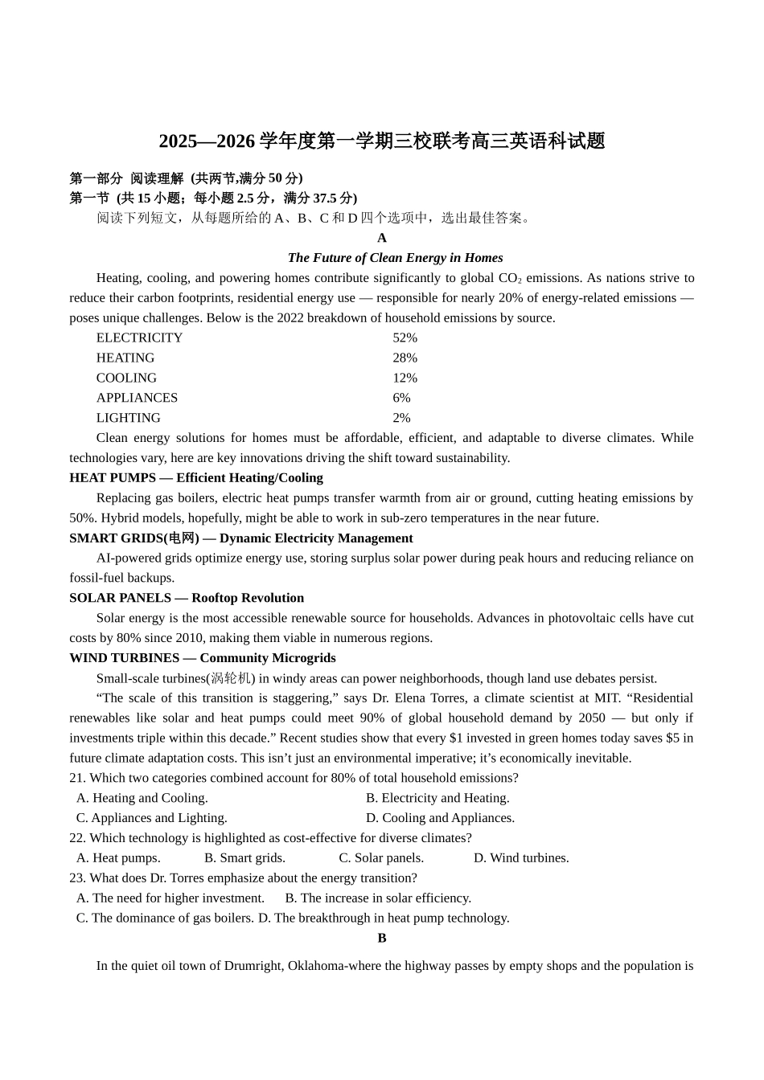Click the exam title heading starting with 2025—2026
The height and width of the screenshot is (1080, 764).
pyautogui.click(x=381, y=141)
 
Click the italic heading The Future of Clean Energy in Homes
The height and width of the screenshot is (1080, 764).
pyautogui.click(x=395, y=258)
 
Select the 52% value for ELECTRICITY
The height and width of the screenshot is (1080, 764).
pyautogui.click(x=405, y=338)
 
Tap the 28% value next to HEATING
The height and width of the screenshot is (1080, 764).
pyautogui.click(x=405, y=358)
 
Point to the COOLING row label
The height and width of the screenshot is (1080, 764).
pyautogui.click(x=126, y=378)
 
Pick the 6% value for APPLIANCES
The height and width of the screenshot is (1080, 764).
pyautogui.click(x=401, y=399)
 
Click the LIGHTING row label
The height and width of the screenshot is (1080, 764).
pyautogui.click(x=128, y=419)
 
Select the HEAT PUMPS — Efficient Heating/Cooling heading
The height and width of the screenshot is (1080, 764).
pyautogui.click(x=195, y=478)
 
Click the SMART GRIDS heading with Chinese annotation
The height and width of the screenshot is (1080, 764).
pyautogui.click(x=240, y=538)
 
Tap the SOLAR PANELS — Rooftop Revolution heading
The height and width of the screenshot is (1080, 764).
pyautogui.click(x=187, y=599)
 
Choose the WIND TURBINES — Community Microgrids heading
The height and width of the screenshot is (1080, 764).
pyautogui.click(x=202, y=658)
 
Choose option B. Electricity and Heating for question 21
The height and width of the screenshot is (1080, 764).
pyautogui.click(x=437, y=798)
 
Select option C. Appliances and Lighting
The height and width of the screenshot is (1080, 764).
pyautogui.click(x=151, y=818)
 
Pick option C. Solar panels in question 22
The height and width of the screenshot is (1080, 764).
pyautogui.click(x=380, y=858)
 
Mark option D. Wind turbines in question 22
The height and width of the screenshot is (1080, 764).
pyautogui.click(x=521, y=858)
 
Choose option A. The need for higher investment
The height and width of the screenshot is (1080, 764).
pyautogui.click(x=170, y=898)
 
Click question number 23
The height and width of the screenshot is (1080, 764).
pyautogui.click(x=77, y=878)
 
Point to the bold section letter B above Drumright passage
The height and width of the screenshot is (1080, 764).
pyautogui.click(x=382, y=939)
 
